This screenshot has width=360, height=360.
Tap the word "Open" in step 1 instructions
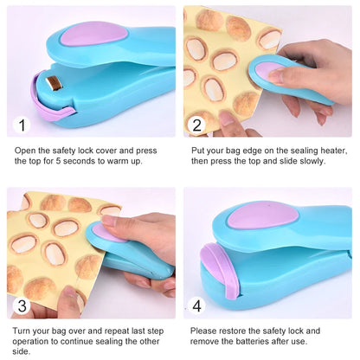pos(25,150)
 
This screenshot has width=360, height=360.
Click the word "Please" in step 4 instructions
pos(205,331)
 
